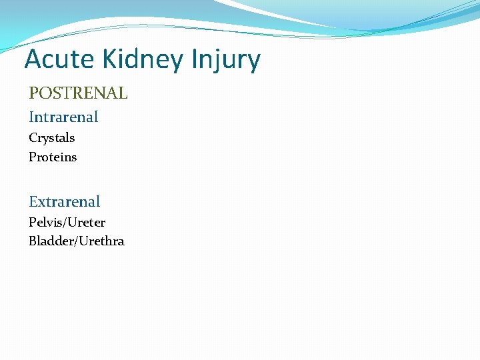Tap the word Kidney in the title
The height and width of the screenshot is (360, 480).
[142, 60]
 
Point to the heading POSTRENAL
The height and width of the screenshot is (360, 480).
[78, 93]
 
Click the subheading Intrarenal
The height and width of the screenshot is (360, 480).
[63, 117]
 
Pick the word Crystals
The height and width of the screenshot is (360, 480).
[51, 138]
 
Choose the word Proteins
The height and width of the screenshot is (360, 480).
[53, 157]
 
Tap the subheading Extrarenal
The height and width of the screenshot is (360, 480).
[64, 201]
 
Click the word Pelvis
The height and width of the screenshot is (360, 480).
[45, 222]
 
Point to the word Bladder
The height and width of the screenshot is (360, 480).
[51, 241]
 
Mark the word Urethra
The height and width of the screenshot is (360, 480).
[101, 241]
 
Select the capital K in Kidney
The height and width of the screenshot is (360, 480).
[109, 59]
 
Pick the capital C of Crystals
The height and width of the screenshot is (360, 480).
[33, 138]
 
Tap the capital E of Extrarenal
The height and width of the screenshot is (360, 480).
[33, 201]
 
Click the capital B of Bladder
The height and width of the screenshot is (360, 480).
[33, 241]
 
